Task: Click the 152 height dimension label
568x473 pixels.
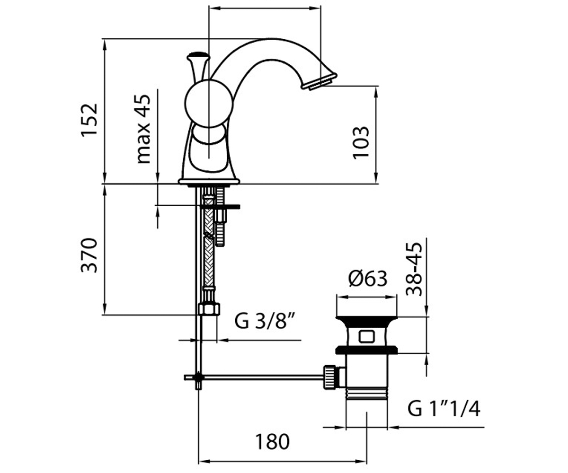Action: click(x=89, y=120)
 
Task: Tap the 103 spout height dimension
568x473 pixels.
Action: click(x=361, y=142)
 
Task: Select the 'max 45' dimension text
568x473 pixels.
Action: click(x=142, y=129)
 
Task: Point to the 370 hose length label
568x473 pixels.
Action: click(x=89, y=255)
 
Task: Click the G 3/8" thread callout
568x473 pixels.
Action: click(x=265, y=321)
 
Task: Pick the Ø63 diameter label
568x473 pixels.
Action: click(x=368, y=279)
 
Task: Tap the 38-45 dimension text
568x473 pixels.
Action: click(x=414, y=270)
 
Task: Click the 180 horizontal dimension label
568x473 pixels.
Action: click(x=272, y=442)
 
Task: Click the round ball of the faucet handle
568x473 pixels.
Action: click(x=209, y=103)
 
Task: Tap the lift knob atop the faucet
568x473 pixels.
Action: click(x=198, y=56)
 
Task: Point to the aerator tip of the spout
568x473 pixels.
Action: click(x=319, y=81)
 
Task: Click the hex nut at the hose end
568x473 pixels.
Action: click(x=209, y=309)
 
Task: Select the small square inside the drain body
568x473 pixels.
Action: click(x=366, y=336)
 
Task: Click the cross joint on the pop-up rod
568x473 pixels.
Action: click(x=199, y=377)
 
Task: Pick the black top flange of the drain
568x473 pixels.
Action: click(x=366, y=319)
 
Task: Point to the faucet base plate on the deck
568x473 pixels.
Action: click(x=209, y=181)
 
